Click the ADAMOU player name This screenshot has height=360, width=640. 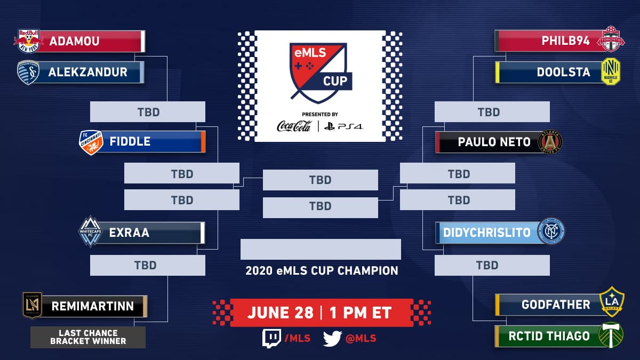point(74,41)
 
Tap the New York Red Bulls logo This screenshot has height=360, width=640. point(28,41)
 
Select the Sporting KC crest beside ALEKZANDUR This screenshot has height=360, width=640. point(28,73)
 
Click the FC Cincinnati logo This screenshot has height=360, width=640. point(91,142)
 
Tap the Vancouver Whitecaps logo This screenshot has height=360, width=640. point(90,231)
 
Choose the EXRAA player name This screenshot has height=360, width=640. point(129,233)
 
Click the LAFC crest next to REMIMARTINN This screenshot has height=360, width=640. point(33,305)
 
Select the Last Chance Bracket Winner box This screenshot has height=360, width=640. point(88,337)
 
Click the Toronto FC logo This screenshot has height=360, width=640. point(611,39)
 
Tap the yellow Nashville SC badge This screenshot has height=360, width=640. point(611,71)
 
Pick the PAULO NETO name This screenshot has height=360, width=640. point(494,142)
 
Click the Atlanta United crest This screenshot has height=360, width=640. point(550,142)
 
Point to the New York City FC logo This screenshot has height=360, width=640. point(551,231)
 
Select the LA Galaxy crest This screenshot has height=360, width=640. point(612,302)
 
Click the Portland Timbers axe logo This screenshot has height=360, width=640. point(611,335)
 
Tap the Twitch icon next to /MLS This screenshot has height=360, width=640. point(271,338)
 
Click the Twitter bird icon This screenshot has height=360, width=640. point(332,339)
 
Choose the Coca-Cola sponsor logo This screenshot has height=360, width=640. point(294,126)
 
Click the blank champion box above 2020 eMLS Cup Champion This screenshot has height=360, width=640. point(321,250)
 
